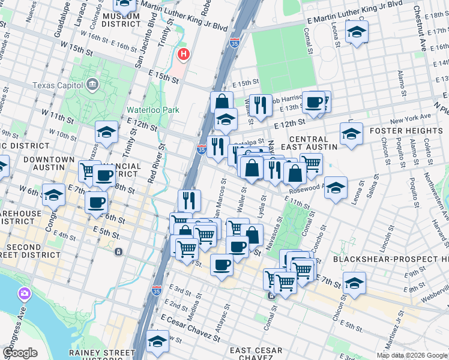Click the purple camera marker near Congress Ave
coord(25,293)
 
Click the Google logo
coord(20,353)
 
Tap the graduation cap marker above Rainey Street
coord(157,341)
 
